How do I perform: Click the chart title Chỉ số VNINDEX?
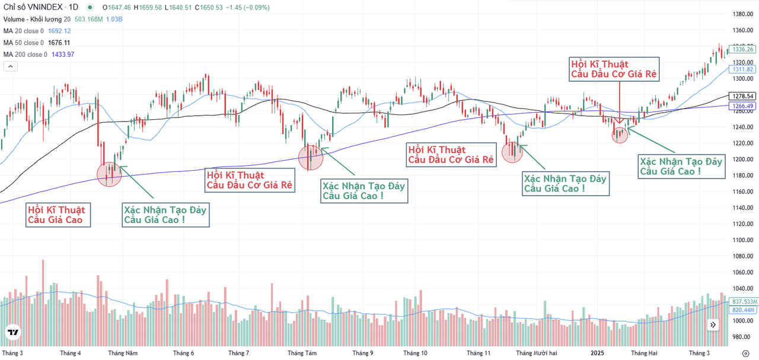[x=33, y=7]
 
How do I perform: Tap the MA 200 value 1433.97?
[x=62, y=55]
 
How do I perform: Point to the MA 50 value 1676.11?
[x=59, y=43]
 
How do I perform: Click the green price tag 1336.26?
[x=742, y=49]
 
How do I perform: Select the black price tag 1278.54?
[x=742, y=96]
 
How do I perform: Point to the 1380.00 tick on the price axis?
[x=742, y=14]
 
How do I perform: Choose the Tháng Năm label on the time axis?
[x=123, y=353]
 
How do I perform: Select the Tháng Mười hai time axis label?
[x=537, y=353]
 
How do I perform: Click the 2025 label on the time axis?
[x=597, y=353]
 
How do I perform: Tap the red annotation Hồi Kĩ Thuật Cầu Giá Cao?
[x=56, y=215]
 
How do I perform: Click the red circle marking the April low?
[x=109, y=174]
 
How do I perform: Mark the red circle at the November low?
[x=512, y=151]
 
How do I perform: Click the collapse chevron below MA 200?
[x=10, y=66]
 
